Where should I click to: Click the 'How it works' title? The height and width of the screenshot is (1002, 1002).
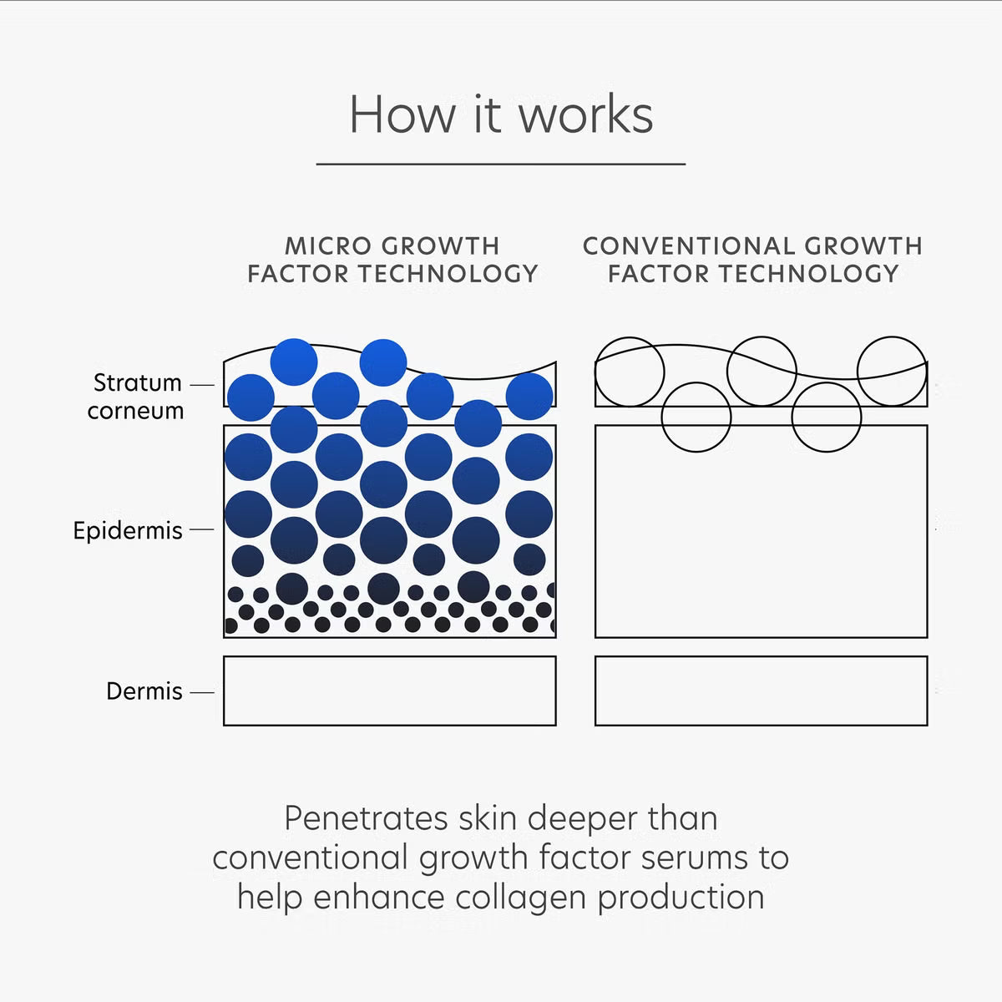[x=501, y=114]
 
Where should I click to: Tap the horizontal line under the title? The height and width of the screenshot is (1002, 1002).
[x=501, y=164]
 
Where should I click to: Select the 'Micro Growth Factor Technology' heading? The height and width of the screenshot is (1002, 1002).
[x=392, y=260]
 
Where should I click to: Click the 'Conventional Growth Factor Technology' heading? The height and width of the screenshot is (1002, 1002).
[x=753, y=260]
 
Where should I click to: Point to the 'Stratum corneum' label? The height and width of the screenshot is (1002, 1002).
[x=136, y=396]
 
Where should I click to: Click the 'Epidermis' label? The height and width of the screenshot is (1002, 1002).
[x=128, y=530]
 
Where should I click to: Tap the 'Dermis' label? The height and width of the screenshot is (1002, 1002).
[x=144, y=691]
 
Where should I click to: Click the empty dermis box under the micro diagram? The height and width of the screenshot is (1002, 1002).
[x=389, y=691]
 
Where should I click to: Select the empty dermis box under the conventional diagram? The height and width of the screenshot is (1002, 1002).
[x=761, y=691]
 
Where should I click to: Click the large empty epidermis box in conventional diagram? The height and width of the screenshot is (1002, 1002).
[x=761, y=543]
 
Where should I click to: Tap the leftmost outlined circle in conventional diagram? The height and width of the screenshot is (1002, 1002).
[x=630, y=372]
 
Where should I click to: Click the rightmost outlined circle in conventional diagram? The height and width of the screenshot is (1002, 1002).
[x=892, y=371]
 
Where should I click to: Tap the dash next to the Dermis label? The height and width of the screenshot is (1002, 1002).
[x=201, y=691]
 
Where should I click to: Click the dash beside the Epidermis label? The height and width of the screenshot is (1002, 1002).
[x=201, y=529]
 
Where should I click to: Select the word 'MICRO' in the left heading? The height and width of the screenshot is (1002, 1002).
[x=326, y=246]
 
